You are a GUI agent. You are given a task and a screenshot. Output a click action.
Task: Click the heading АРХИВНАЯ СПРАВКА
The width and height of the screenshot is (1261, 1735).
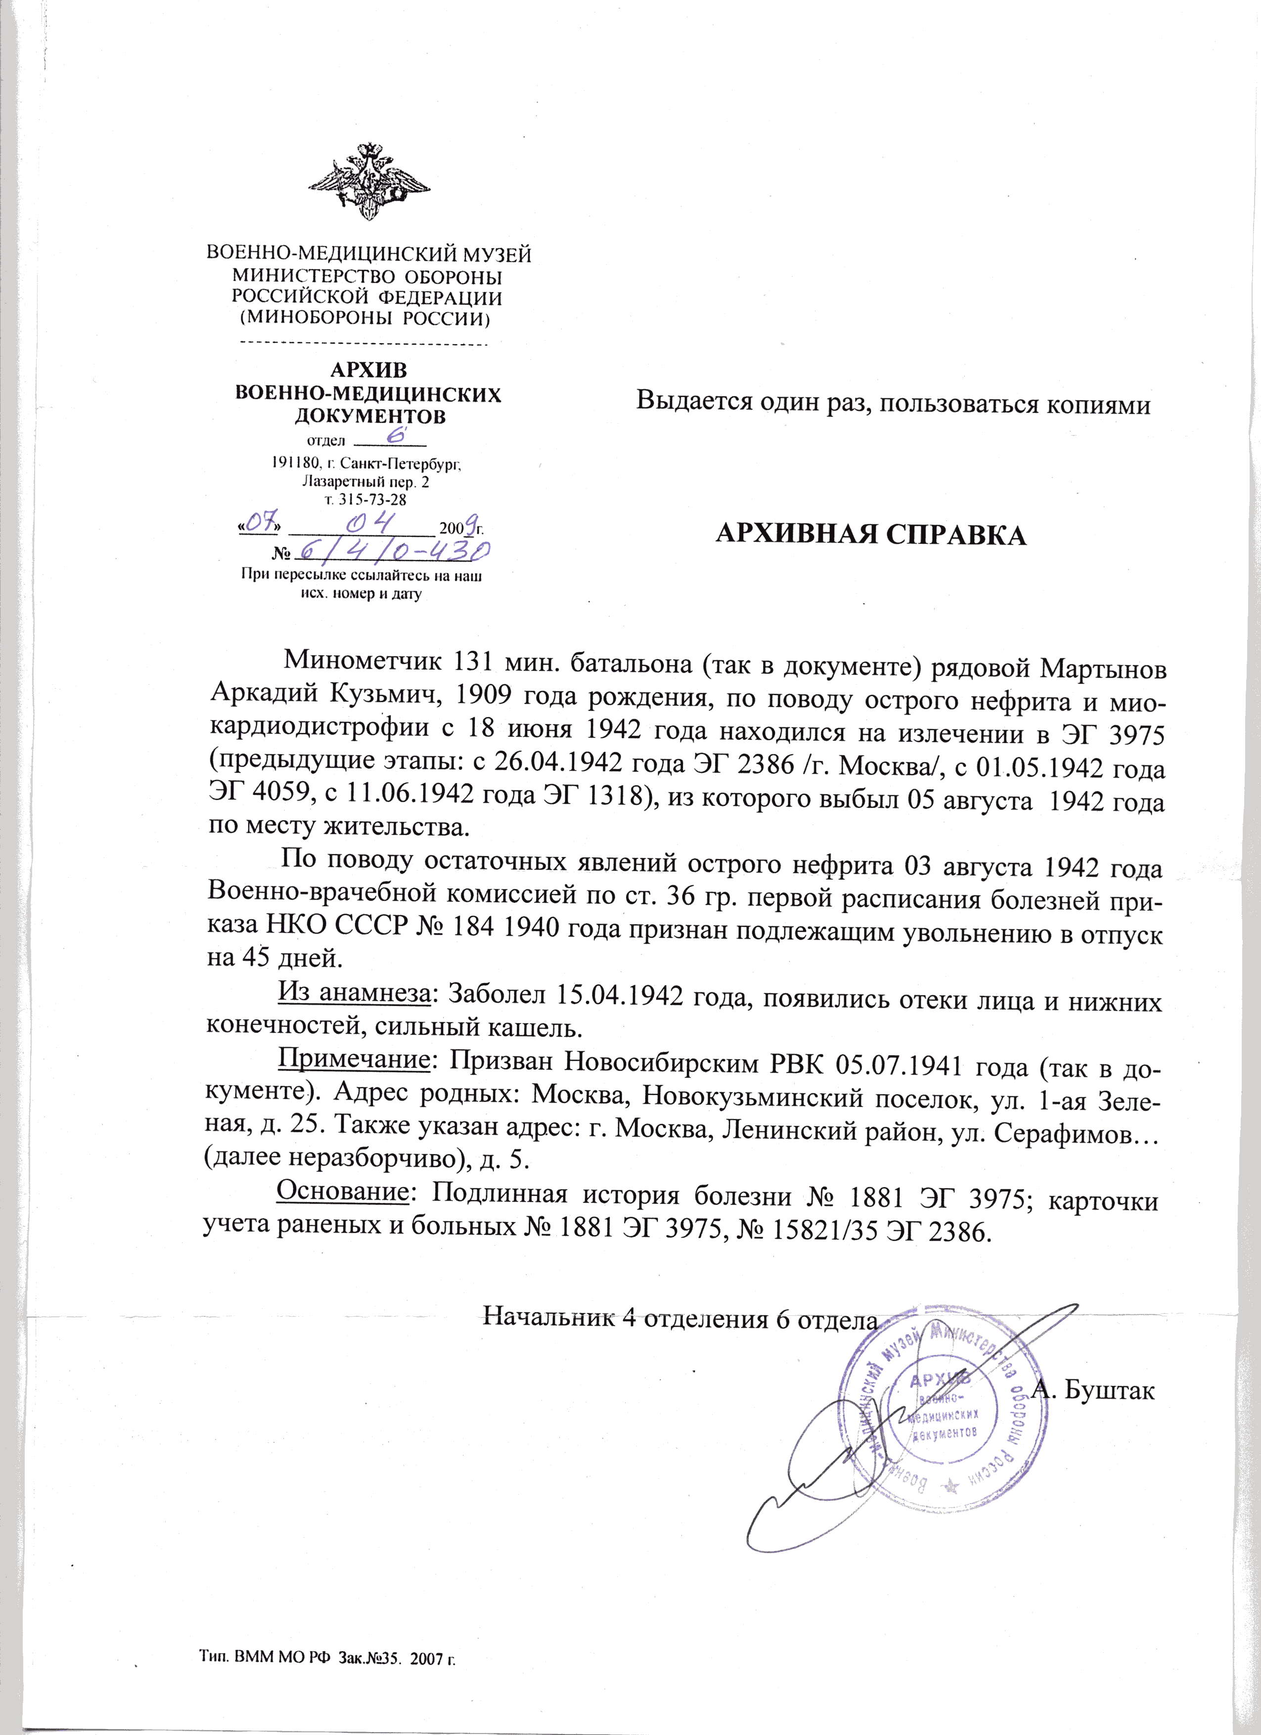[x=869, y=535]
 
